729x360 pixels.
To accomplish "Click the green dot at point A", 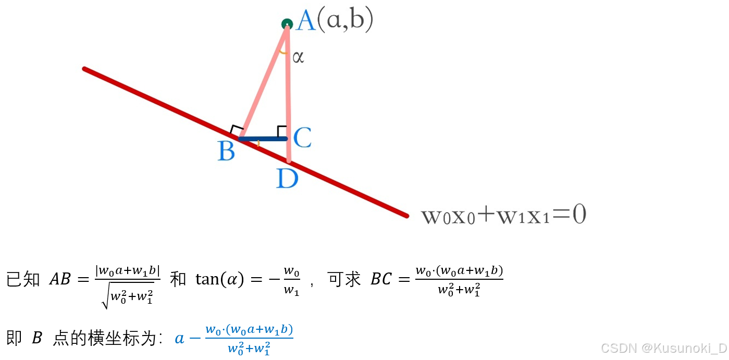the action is coord(287,24).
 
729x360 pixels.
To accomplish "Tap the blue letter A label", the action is coord(306,22).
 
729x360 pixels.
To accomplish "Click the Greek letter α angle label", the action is coord(298,57).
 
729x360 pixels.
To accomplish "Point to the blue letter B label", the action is coord(226,152).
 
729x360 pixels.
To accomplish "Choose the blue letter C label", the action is coord(302,138).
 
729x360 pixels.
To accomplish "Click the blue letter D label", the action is coord(287,179).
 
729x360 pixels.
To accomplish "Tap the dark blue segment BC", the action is coord(263,139).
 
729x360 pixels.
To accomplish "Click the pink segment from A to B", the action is coord(264,82).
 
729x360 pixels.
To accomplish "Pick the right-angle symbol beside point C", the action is coord(281,130).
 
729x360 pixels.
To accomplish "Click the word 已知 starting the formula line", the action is coord(23,280).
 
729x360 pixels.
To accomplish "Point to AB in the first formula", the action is coord(59,280).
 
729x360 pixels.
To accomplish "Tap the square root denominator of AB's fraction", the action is coord(128,297).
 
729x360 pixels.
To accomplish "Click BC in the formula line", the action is coord(381,280).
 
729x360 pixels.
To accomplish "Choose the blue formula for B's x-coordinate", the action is coord(234,339).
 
